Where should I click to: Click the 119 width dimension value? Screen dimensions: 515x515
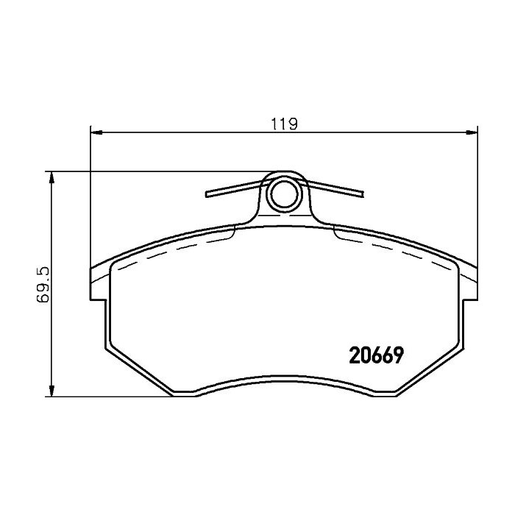tap(284, 124)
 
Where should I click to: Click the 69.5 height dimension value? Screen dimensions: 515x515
tap(43, 285)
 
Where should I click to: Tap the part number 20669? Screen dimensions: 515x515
tap(376, 355)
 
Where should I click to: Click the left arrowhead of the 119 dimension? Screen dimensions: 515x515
tap(96, 132)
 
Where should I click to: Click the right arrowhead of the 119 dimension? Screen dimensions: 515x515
tap(472, 132)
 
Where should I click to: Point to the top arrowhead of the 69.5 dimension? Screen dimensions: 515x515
tap(51, 178)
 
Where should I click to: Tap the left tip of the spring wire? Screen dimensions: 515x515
tap(207, 194)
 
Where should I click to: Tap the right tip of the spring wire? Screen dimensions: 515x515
tap(362, 194)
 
